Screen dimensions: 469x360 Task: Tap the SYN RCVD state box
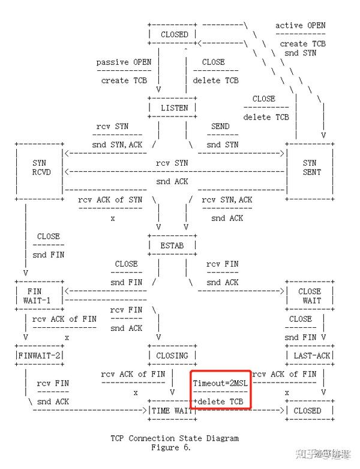tap(40, 168)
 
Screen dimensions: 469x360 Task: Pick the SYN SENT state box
tap(310, 168)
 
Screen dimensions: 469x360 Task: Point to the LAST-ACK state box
tap(310, 356)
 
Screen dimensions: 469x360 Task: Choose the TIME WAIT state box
tap(170, 411)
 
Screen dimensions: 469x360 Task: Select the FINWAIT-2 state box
tap(40, 356)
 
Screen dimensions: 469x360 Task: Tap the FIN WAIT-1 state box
tap(40, 296)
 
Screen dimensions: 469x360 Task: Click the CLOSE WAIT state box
tap(310, 296)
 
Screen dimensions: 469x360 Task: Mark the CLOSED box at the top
tap(174, 35)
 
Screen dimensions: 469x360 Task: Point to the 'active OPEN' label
tap(301, 25)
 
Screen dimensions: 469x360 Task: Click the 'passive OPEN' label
tap(124, 62)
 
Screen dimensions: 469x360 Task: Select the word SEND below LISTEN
tap(220, 127)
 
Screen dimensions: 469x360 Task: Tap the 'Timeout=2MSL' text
tap(220, 383)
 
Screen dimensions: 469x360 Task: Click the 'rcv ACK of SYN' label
tap(110, 200)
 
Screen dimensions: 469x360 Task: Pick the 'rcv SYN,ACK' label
tap(227, 200)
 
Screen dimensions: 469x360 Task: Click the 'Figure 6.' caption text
tap(174, 447)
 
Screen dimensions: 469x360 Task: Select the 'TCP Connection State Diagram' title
tap(175, 438)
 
